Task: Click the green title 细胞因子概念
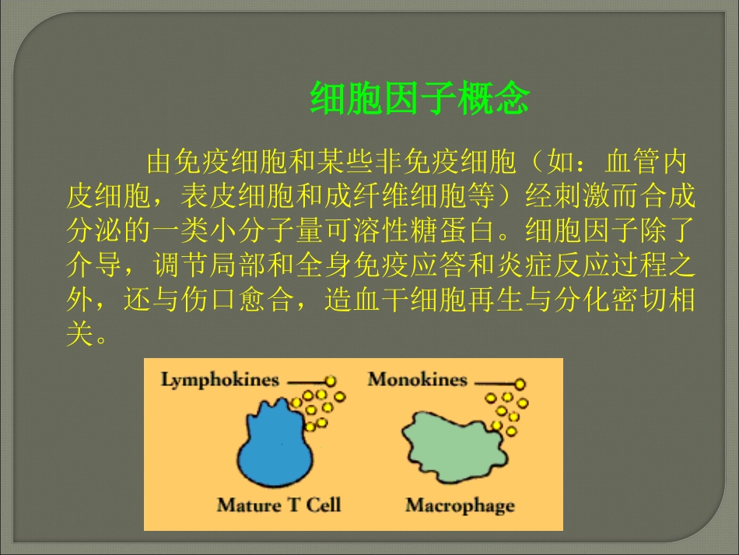pyautogui.click(x=419, y=99)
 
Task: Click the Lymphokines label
pyautogui.click(x=219, y=380)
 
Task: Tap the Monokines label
pyautogui.click(x=417, y=380)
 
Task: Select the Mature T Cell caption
pyautogui.click(x=278, y=505)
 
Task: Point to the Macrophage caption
pyautogui.click(x=460, y=505)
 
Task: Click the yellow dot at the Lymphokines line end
pyautogui.click(x=331, y=381)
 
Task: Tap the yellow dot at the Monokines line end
pyautogui.click(x=519, y=384)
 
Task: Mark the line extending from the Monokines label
pyautogui.click(x=493, y=383)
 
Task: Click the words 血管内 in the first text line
pyautogui.click(x=646, y=163)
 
